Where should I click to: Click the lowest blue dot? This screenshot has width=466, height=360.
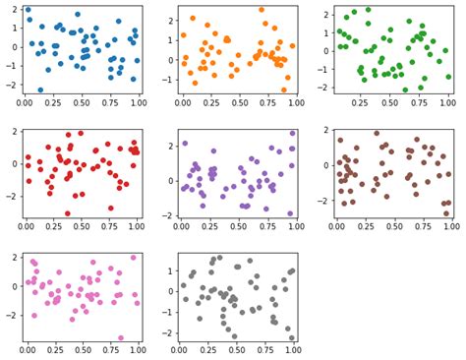pyautogui.click(x=40, y=90)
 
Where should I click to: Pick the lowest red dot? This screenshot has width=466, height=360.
pyautogui.click(x=68, y=212)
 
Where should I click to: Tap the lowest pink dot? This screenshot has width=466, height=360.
pyautogui.click(x=122, y=337)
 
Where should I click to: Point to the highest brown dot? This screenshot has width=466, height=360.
pyautogui.click(x=376, y=133)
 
